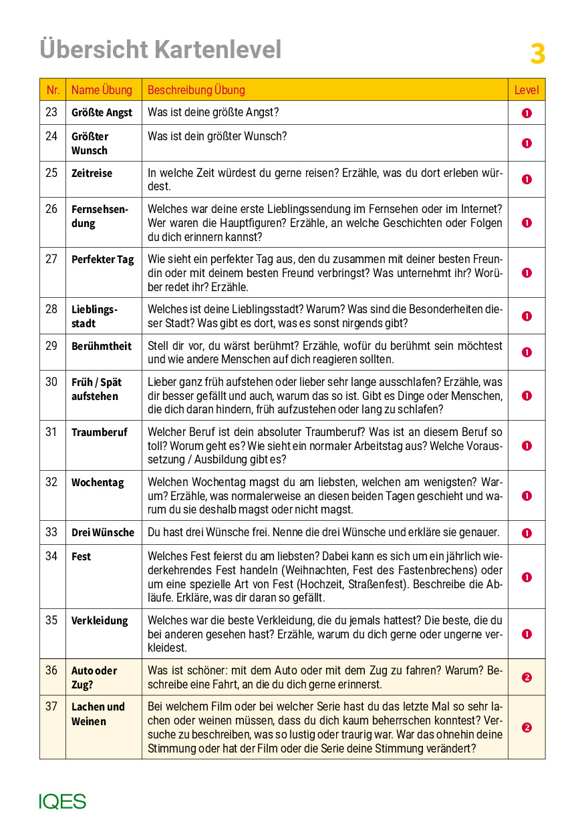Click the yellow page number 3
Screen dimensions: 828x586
click(x=538, y=54)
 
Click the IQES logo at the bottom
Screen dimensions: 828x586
click(x=62, y=801)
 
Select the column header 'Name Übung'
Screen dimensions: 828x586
click(x=102, y=90)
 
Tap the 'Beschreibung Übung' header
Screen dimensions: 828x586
click(x=196, y=90)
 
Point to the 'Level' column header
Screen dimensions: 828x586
click(x=526, y=90)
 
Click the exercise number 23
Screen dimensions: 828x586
click(x=51, y=112)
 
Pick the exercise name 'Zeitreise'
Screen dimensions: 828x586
click(x=92, y=174)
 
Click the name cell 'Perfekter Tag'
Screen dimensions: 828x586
click(x=102, y=260)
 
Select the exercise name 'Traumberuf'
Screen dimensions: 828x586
click(x=99, y=433)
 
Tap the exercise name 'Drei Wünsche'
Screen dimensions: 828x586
click(x=102, y=533)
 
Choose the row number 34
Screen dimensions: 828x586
click(x=51, y=556)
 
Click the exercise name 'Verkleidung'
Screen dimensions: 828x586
click(x=100, y=621)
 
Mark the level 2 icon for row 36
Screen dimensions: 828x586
click(x=527, y=678)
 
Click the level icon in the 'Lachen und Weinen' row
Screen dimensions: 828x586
click(x=527, y=728)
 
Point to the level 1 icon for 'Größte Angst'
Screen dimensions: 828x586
click(x=527, y=113)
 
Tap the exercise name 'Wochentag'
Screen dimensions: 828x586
click(x=98, y=483)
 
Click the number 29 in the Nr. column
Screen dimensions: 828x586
click(x=51, y=346)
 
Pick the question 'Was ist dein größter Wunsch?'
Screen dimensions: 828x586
click(x=216, y=136)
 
